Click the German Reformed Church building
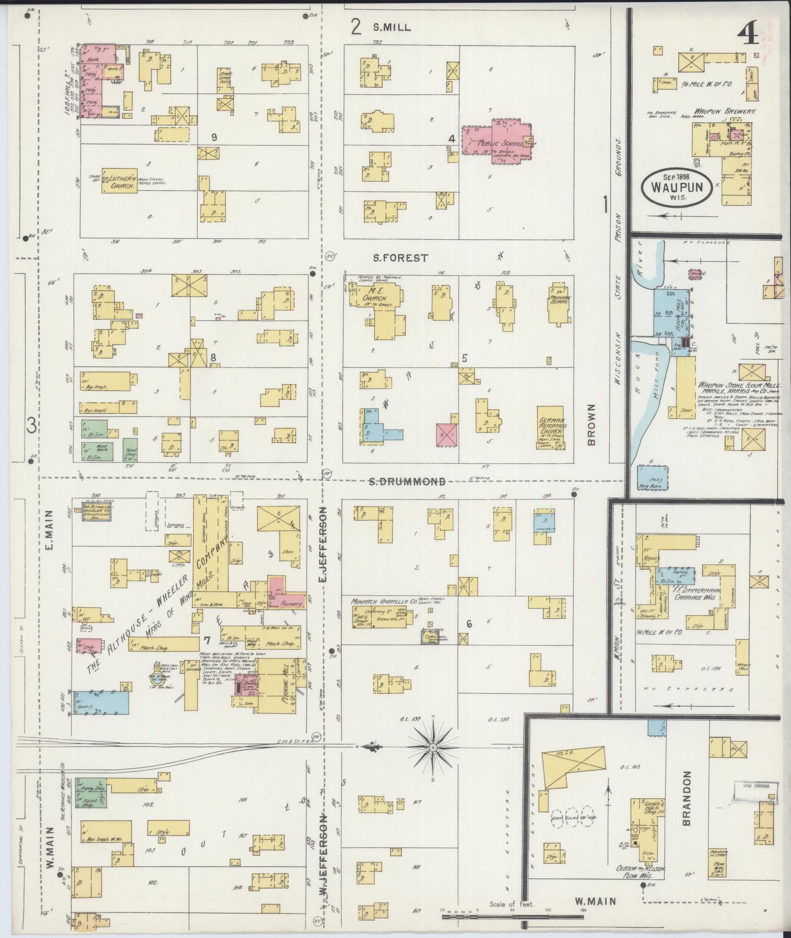[x=552, y=427]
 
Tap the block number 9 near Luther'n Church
[x=214, y=137]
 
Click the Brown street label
[x=590, y=425]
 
